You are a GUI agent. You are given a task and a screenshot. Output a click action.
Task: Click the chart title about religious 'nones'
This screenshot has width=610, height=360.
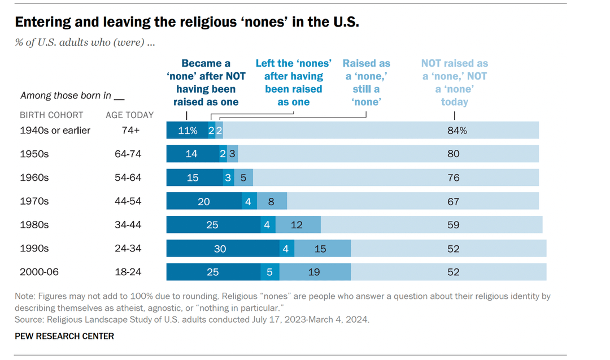(x=187, y=22)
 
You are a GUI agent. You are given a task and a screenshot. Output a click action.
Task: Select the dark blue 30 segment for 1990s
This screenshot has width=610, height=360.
(x=220, y=249)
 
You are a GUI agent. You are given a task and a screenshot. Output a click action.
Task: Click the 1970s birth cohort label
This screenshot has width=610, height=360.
(x=34, y=201)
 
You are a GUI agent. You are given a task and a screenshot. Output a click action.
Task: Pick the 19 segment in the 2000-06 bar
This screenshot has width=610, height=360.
(x=314, y=272)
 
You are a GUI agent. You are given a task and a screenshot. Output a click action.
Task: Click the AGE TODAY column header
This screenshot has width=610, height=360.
(x=129, y=115)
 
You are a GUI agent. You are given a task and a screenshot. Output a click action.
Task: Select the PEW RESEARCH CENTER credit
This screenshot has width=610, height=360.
(x=64, y=336)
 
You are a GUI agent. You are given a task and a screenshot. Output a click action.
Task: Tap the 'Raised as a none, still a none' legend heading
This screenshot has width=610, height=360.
(x=366, y=83)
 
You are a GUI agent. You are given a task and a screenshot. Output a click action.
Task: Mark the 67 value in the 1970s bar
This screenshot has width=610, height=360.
(x=453, y=201)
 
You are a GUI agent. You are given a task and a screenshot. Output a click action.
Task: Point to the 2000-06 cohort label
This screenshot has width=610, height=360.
(x=39, y=272)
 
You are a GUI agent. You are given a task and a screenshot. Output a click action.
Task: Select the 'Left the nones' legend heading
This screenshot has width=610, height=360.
(x=293, y=83)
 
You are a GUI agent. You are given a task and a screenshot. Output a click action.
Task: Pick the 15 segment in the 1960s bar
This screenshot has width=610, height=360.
(x=193, y=177)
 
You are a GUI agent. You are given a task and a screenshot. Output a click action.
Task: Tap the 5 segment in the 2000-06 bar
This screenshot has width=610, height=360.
(x=269, y=272)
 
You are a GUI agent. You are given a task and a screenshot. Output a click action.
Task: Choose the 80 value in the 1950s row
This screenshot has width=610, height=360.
(x=453, y=154)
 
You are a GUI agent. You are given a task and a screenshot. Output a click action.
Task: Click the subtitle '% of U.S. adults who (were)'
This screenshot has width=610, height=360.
(x=85, y=42)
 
